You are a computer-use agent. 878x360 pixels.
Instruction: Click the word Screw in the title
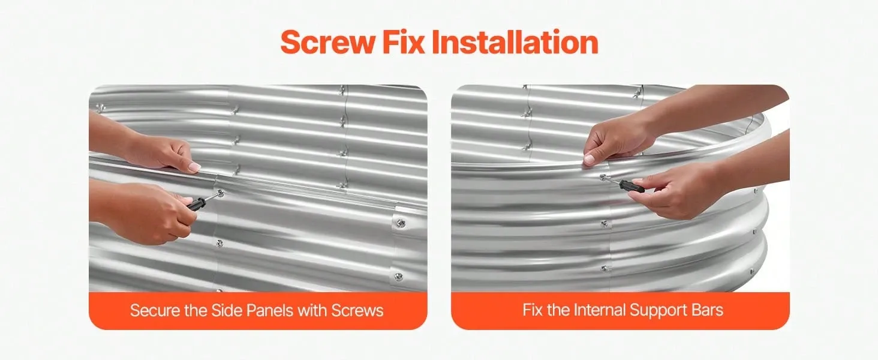pyautogui.click(x=327, y=43)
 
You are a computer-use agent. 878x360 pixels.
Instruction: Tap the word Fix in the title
pyautogui.click(x=404, y=42)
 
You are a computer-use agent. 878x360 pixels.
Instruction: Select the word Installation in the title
pyautogui.click(x=515, y=42)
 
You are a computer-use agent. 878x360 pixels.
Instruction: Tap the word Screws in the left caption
pyautogui.click(x=357, y=311)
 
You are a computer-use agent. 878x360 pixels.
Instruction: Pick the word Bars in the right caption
pyautogui.click(x=708, y=310)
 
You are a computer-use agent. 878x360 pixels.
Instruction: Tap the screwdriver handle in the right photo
pyautogui.click(x=632, y=186)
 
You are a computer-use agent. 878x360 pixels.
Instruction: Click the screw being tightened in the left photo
pyautogui.click(x=220, y=193)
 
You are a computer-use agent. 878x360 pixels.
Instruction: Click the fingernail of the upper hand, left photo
pyautogui.click(x=194, y=167)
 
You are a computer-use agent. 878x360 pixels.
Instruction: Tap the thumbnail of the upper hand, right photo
pyautogui.click(x=589, y=159)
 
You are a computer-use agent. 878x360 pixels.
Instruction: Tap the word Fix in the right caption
pyautogui.click(x=533, y=310)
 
